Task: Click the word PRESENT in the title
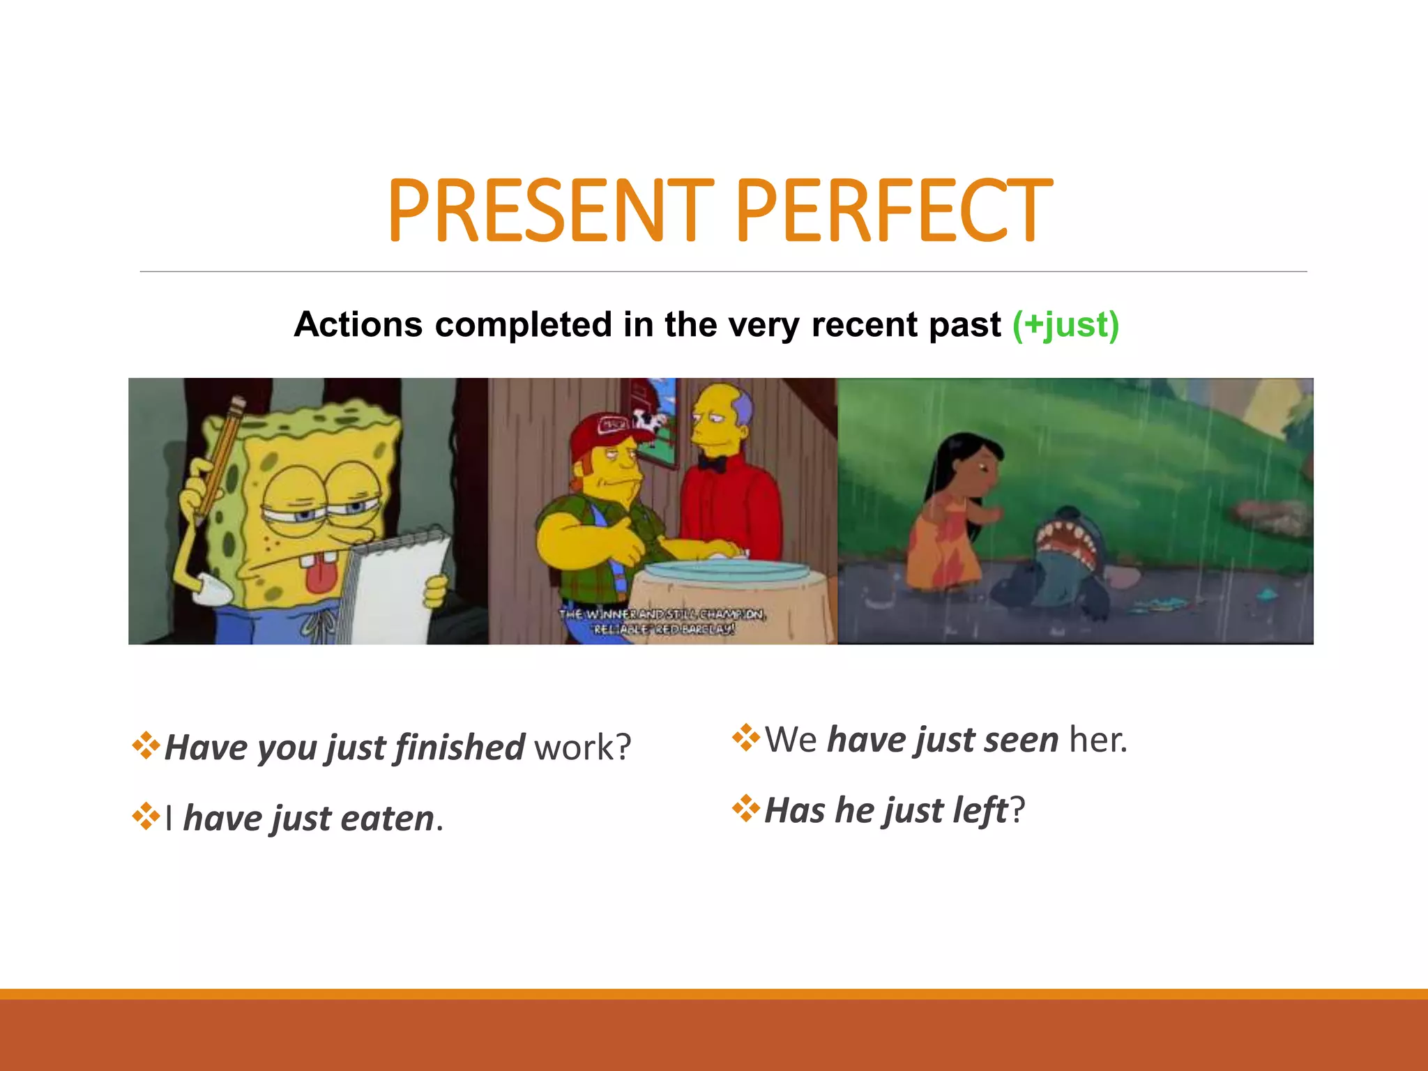click(551, 210)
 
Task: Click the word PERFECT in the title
click(894, 210)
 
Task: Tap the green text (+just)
click(1065, 325)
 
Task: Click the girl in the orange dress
click(952, 516)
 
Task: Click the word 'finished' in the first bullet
click(459, 747)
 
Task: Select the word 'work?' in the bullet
click(583, 747)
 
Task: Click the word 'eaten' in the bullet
click(388, 819)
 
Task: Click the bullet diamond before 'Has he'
click(745, 808)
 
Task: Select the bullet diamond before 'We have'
click(745, 738)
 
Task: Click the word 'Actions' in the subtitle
click(358, 325)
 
